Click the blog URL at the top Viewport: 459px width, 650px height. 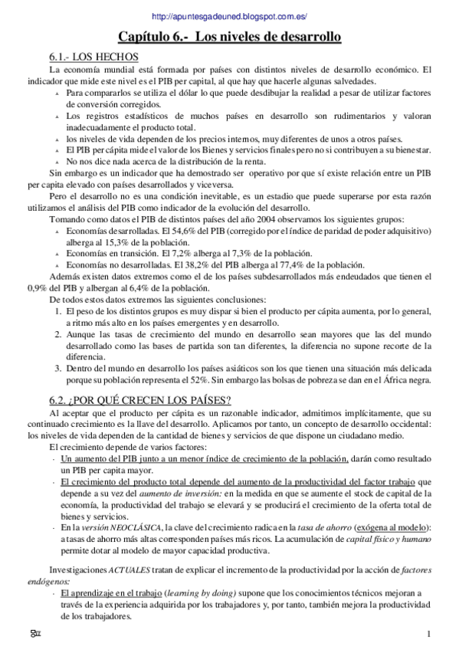pyautogui.click(x=230, y=16)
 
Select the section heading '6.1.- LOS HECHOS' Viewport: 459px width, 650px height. pyautogui.click(x=93, y=57)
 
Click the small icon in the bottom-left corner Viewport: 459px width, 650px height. pyautogui.click(x=34, y=633)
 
